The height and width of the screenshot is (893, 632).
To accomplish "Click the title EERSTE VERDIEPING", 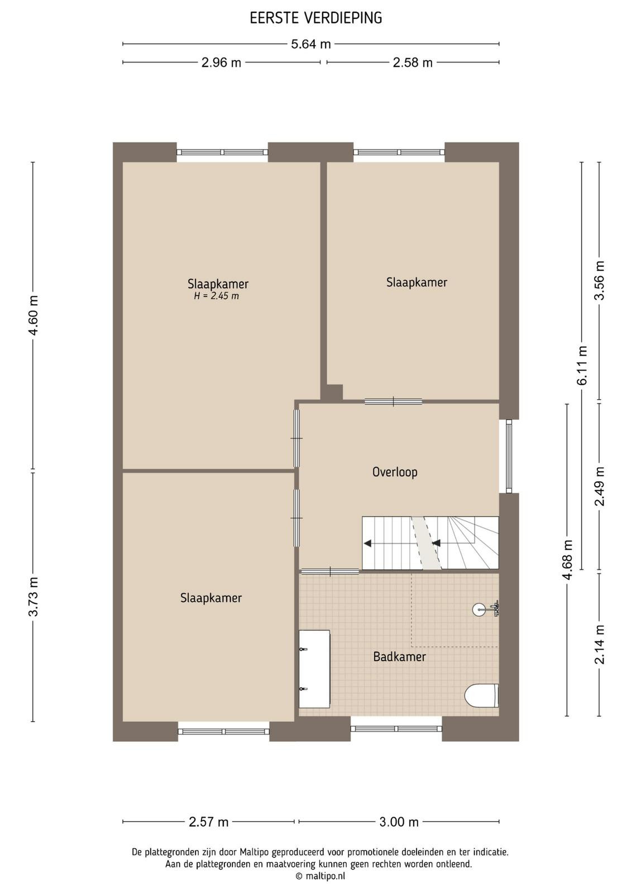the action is click(316, 18).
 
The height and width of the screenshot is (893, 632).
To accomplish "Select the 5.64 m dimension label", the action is click(311, 44).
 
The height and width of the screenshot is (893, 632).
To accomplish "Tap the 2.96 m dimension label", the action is click(221, 63).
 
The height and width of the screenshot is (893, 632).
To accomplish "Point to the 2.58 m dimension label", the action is click(413, 63).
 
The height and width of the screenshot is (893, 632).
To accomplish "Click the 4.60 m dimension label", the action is click(33, 315).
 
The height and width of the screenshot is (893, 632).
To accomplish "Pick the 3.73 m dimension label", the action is click(33, 597).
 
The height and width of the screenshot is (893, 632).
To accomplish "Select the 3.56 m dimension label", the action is click(600, 280).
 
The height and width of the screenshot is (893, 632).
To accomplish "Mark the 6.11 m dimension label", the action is click(582, 365).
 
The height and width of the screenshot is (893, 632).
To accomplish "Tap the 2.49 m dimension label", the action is click(600, 486).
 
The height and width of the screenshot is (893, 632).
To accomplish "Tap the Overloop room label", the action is click(395, 472).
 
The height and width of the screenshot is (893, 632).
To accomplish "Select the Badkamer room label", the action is click(400, 656).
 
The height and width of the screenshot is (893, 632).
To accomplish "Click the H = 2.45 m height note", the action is click(217, 296).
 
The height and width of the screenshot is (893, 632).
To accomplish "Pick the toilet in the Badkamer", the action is click(482, 695).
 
